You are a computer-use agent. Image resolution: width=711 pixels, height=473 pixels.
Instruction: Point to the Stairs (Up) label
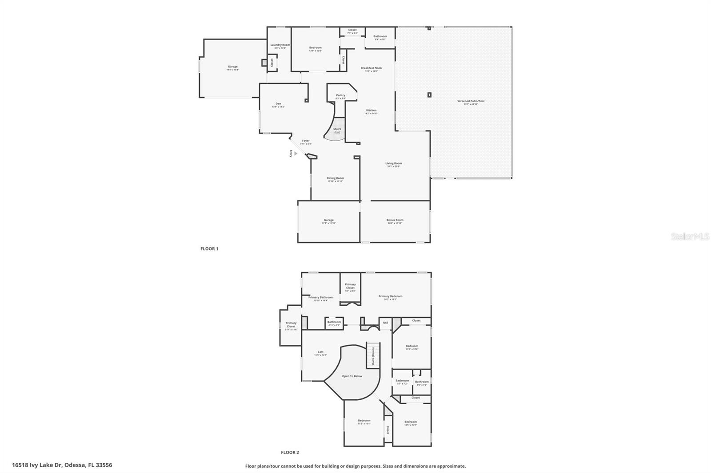point(337,130)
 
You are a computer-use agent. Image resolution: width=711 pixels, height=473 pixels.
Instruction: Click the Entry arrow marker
point(296,154)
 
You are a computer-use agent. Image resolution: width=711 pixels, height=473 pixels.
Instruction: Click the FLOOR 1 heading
point(209,249)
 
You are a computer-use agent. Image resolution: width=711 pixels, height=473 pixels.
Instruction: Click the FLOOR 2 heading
point(290,453)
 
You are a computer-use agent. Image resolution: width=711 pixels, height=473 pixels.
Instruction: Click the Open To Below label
point(352,376)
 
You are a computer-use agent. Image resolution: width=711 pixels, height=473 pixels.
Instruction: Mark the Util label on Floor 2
point(385,323)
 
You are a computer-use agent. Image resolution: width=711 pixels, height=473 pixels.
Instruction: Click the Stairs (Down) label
point(373,356)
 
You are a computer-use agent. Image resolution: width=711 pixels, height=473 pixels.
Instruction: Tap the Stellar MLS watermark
point(690,237)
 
